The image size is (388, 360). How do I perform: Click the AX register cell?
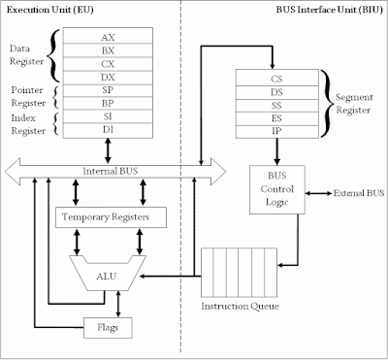click(108, 37)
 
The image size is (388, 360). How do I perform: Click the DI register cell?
click(108, 142)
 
